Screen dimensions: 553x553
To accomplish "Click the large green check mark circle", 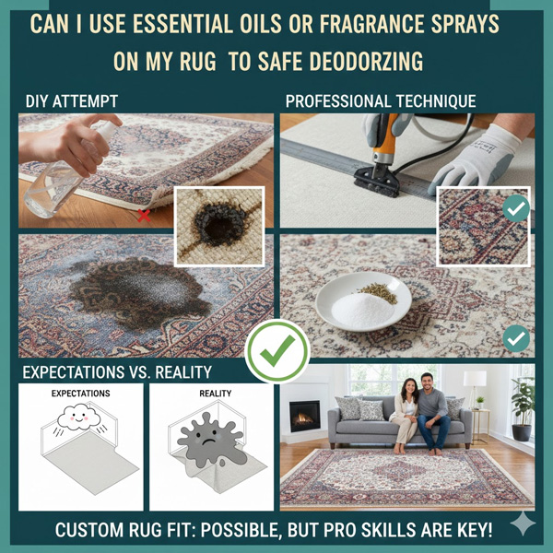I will pos(276,349).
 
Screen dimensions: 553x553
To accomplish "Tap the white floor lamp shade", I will pos(475,378).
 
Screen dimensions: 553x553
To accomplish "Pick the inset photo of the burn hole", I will pos(218,226).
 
